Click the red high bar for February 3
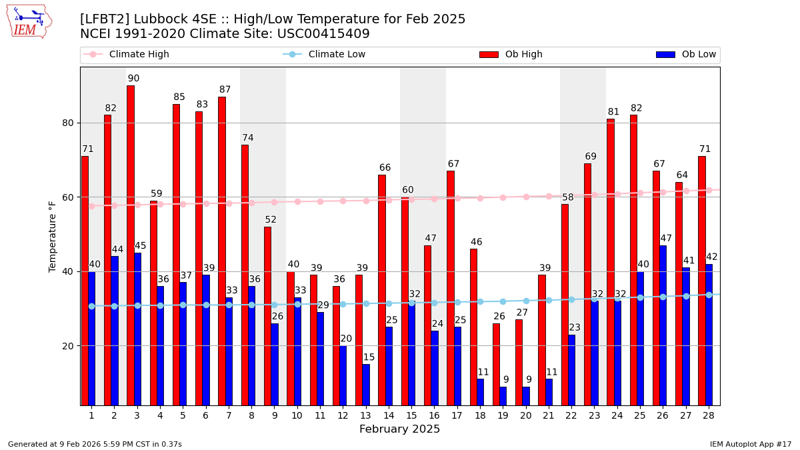tap(131, 245)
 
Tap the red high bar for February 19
tap(496, 364)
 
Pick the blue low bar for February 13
tap(366, 385)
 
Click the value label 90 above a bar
tap(133, 79)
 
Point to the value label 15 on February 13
tap(369, 357)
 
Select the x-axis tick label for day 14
tap(389, 415)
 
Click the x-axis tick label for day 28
tap(708, 415)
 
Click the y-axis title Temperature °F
tap(53, 236)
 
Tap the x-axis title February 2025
tap(399, 429)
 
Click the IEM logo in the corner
tap(29, 21)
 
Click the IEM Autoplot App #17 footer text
tap(751, 444)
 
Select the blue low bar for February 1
tap(91, 338)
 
